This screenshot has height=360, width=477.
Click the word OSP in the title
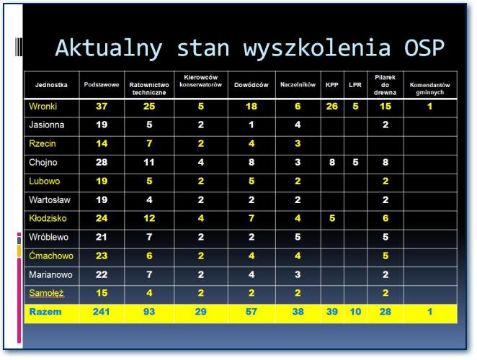coord(424,48)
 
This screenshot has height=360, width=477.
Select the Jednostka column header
coord(51,85)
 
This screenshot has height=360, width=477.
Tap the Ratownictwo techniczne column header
coord(149,89)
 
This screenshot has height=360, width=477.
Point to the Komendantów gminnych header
coord(429,89)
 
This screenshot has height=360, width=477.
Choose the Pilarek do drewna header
coord(385,85)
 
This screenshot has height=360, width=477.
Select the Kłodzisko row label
coord(48,218)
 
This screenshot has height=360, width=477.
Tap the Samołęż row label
coord(47,293)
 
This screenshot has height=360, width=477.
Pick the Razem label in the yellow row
coord(45,312)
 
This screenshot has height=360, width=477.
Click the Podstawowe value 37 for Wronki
coord(102,107)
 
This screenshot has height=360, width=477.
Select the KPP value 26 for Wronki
coord(332,107)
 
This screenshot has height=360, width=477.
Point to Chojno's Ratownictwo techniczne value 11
coord(149,163)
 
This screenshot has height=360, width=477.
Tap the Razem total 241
coord(102,312)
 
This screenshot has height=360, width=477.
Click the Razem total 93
coord(149,312)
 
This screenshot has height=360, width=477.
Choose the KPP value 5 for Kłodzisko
coord(332,218)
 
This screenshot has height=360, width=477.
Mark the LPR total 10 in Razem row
coord(355,312)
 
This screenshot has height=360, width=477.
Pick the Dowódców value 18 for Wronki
coord(251,107)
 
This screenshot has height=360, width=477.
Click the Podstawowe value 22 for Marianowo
coord(102,274)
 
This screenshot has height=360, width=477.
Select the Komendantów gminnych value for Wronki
coord(429,107)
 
